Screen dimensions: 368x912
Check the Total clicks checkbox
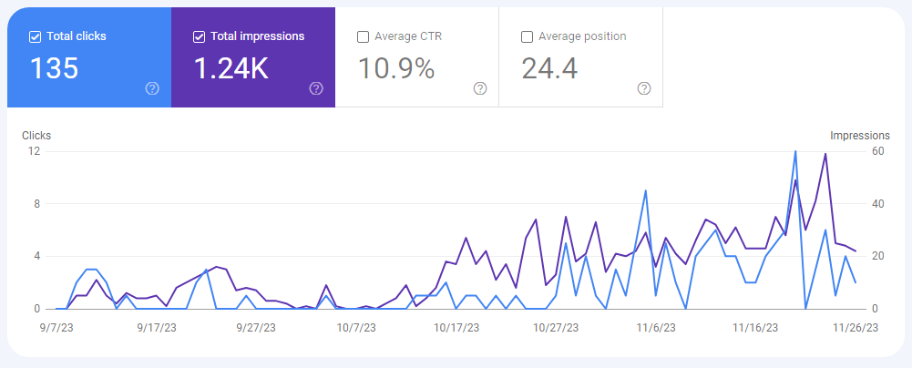point(36,36)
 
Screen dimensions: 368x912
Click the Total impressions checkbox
point(200,36)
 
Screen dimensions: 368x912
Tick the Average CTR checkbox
point(364,36)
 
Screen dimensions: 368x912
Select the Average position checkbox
point(528,36)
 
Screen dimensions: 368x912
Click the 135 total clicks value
point(55,68)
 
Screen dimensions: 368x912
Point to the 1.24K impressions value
point(231,68)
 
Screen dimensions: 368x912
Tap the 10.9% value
point(395,68)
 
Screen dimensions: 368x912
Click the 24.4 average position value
point(549,68)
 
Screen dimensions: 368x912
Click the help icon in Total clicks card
point(152,88)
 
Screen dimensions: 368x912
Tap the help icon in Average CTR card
point(480,88)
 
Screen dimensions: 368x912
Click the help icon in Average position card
point(644,88)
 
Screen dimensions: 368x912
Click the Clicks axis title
point(36,136)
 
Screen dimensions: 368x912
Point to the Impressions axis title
point(860,136)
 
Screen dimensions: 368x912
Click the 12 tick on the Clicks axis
point(34,151)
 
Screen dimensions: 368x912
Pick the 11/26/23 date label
point(856,325)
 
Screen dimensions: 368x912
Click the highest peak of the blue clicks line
point(795,152)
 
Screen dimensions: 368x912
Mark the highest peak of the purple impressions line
point(825,154)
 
